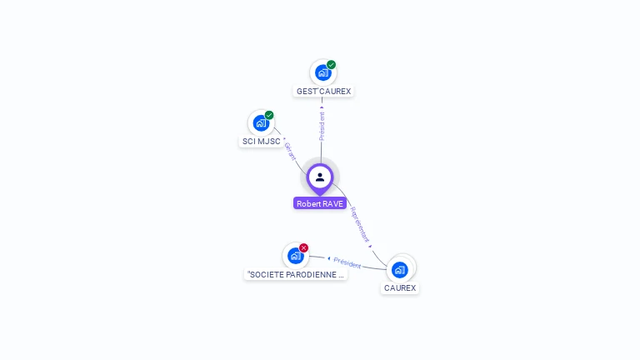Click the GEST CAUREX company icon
click(322, 72)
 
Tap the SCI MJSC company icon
click(261, 123)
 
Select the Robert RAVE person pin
click(320, 177)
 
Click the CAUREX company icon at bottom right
click(400, 269)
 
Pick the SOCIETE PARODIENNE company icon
click(295, 256)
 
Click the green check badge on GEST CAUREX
click(331, 64)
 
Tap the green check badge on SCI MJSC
click(269, 115)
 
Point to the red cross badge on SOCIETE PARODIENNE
click(304, 247)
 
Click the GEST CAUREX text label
click(324, 91)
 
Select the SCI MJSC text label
click(261, 142)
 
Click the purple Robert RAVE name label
click(320, 203)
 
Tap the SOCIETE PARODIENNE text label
click(296, 274)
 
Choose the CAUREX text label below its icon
click(400, 287)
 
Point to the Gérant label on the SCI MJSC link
click(290, 152)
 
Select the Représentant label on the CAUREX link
click(359, 223)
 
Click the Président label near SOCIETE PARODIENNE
click(347, 263)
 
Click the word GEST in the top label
click(307, 91)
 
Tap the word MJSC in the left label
click(269, 142)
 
